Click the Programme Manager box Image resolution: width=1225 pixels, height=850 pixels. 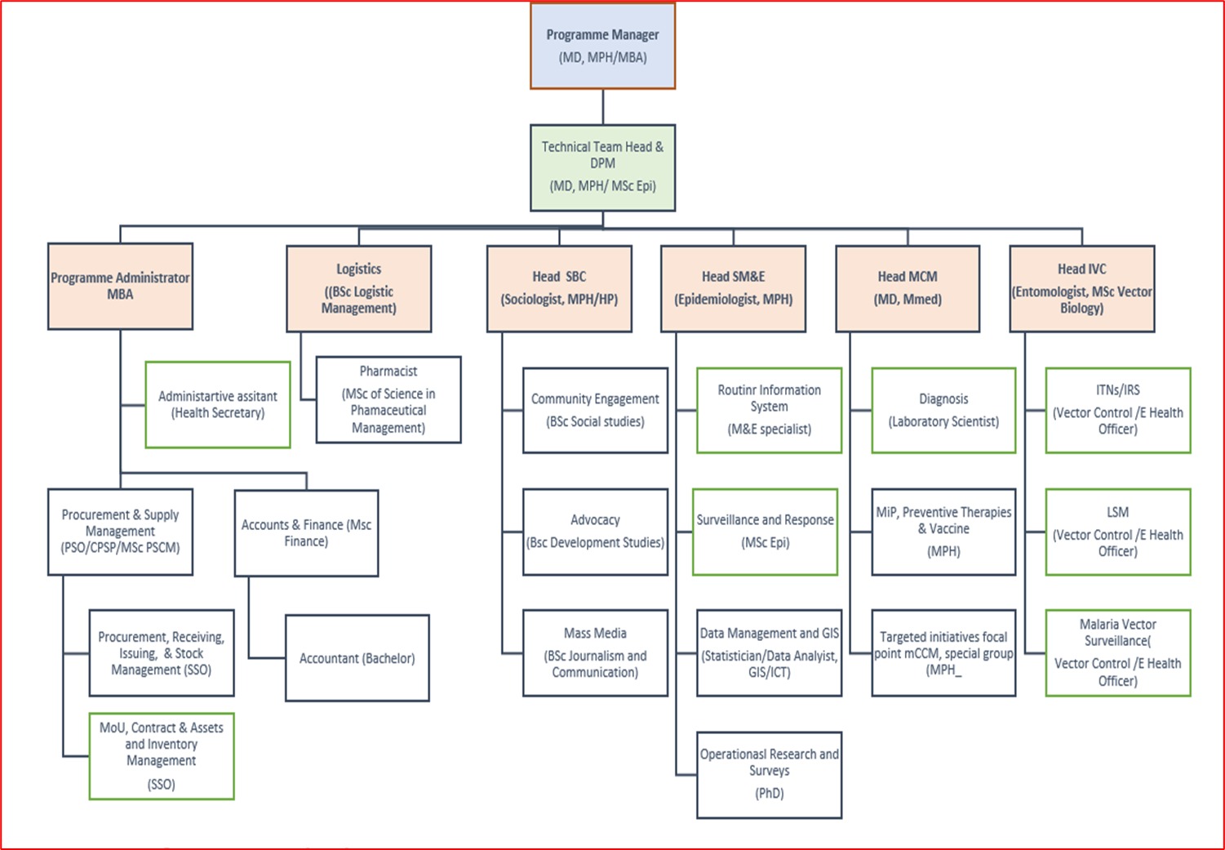(x=602, y=47)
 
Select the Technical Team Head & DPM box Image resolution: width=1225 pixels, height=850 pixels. (x=602, y=167)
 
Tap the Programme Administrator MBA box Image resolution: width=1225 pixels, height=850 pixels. (x=120, y=286)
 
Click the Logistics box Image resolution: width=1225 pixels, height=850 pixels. (x=358, y=288)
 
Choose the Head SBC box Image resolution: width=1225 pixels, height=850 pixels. (x=559, y=288)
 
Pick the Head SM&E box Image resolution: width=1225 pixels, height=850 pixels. (x=733, y=288)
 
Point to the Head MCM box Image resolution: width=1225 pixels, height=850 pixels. (x=908, y=288)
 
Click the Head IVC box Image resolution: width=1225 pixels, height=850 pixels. (x=1081, y=288)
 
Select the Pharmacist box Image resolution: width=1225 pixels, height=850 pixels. (x=388, y=399)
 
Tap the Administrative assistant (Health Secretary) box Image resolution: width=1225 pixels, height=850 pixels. (x=218, y=404)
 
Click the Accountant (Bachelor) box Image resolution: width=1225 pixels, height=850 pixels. (x=357, y=658)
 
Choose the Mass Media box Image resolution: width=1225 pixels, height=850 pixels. (x=595, y=652)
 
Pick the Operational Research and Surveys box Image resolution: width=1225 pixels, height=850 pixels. (x=769, y=774)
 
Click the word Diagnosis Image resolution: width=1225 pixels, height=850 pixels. (x=943, y=398)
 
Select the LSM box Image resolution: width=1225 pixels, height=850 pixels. (x=1117, y=532)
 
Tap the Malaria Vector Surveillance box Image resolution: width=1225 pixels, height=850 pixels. (x=1117, y=652)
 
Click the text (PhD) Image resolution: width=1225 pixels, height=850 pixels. (x=769, y=793)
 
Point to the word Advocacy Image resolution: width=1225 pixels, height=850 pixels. (x=595, y=519)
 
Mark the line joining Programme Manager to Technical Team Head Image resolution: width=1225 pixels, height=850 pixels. (x=603, y=107)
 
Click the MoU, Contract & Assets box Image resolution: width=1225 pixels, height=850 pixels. (x=161, y=755)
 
